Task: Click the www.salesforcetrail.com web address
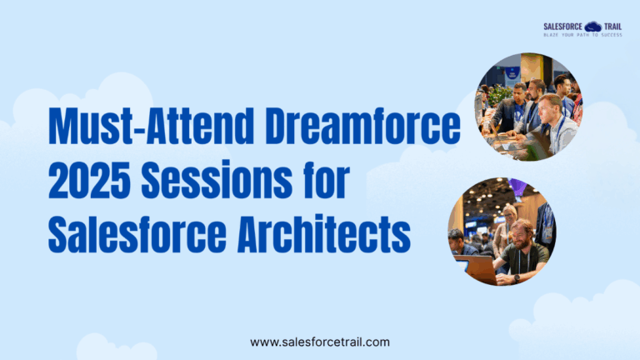(320, 342)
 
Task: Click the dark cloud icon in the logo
(593, 27)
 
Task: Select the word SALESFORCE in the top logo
(562, 27)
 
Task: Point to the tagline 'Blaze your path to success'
(582, 35)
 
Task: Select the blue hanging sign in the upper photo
(512, 72)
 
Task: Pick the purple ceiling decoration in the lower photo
(518, 187)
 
